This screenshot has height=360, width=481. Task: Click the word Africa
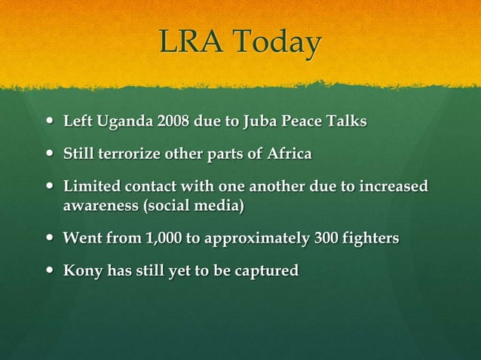[289, 154]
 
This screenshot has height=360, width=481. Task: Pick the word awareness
[96, 204]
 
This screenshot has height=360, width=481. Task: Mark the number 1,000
[161, 239]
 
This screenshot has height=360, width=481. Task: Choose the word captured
[268, 271]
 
